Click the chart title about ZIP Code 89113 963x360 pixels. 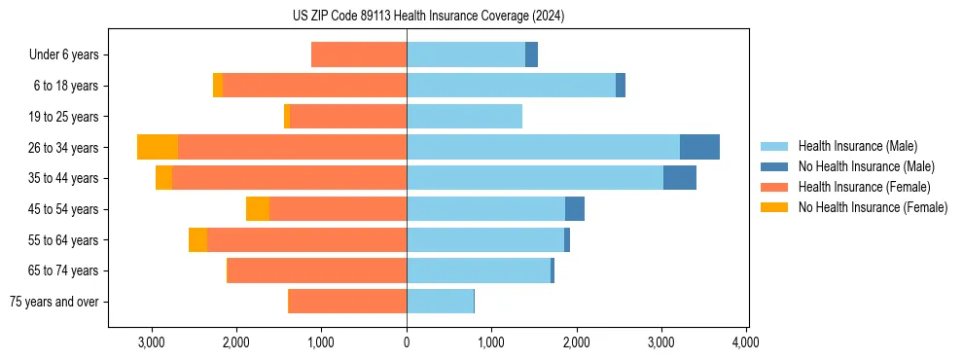(x=428, y=16)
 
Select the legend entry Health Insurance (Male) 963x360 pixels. (x=857, y=146)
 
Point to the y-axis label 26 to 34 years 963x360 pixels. (x=65, y=148)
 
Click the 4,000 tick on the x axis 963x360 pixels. (x=746, y=342)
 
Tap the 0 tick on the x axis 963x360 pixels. (x=407, y=342)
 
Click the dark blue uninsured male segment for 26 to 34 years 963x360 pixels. (x=699, y=147)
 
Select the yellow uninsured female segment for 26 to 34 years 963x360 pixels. (x=158, y=147)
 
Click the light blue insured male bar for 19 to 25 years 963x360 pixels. (x=464, y=117)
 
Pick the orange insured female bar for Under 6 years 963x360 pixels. (x=359, y=54)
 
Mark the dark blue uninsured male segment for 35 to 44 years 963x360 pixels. (x=679, y=178)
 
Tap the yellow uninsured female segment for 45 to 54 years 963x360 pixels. (x=258, y=209)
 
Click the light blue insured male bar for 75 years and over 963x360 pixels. (x=440, y=302)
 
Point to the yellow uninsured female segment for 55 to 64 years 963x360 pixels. (x=197, y=240)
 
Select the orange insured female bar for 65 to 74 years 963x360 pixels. (x=317, y=270)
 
